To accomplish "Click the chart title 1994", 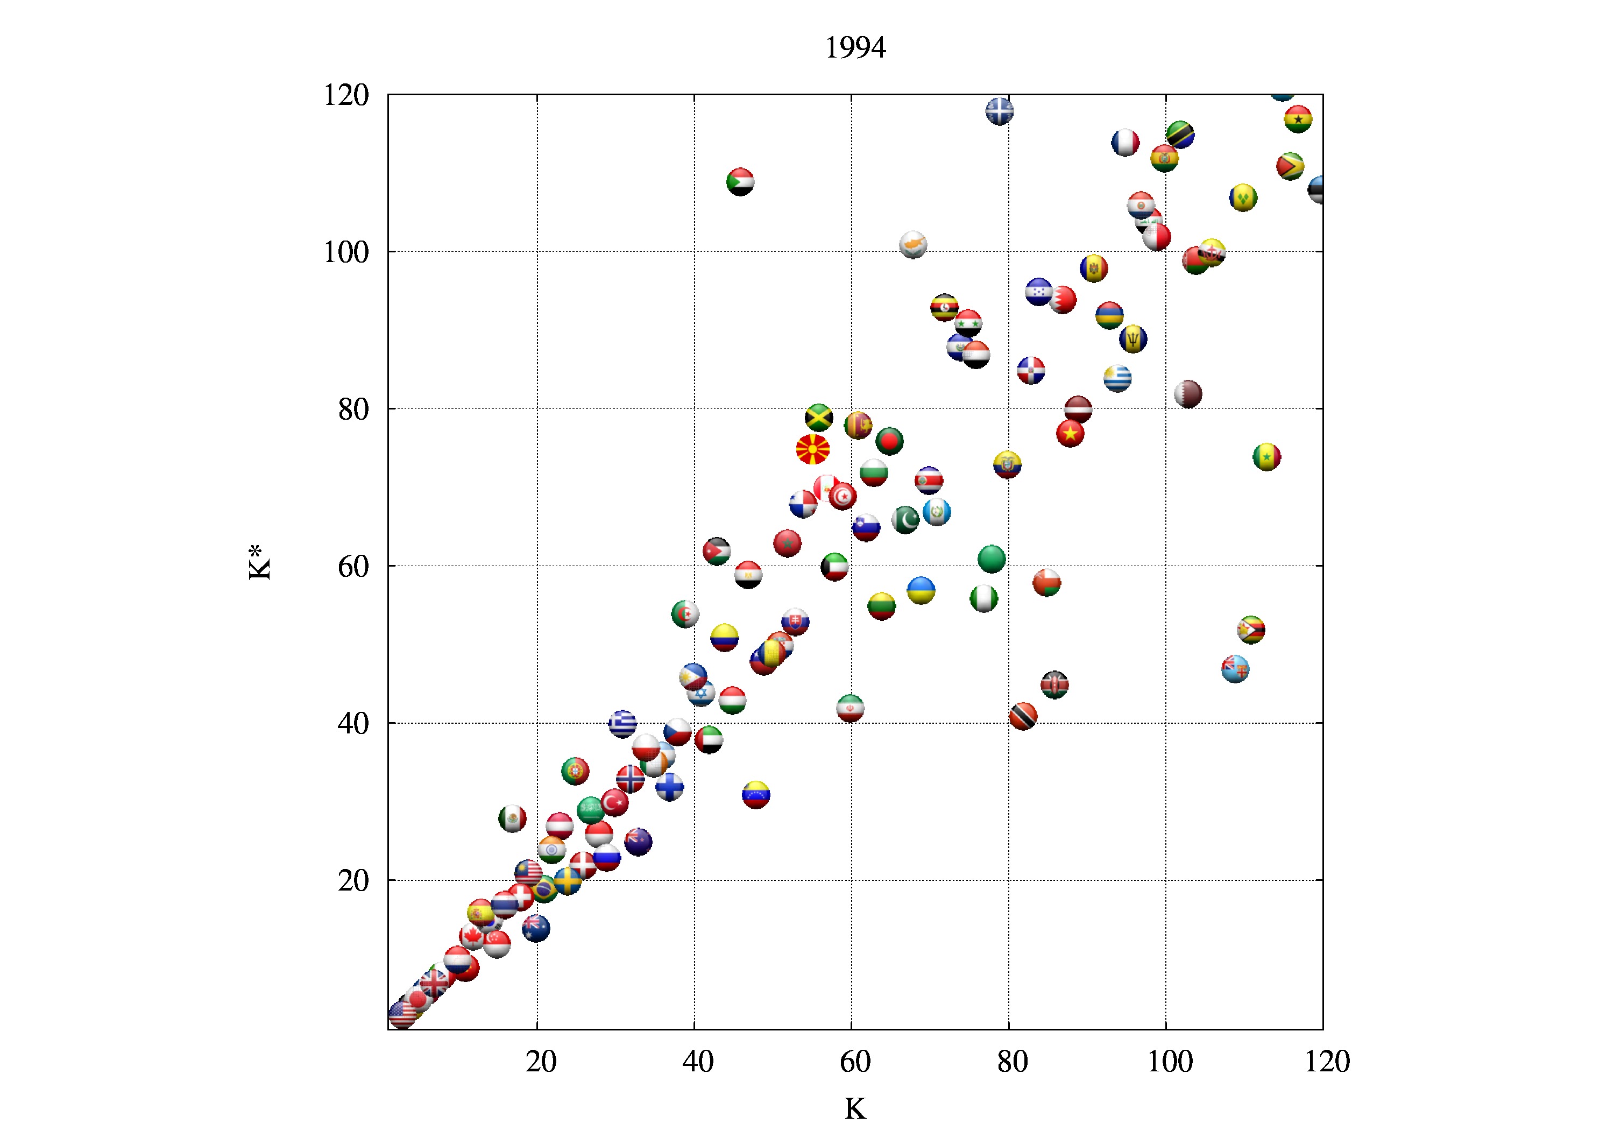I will [x=855, y=48].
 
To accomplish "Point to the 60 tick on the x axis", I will [x=855, y=1061].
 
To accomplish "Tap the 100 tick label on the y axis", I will [x=346, y=252].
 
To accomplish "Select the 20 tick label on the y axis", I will [x=353, y=880].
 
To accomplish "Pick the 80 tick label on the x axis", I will [x=1013, y=1061].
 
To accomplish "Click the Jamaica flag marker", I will [x=819, y=418].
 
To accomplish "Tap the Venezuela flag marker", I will [x=756, y=795].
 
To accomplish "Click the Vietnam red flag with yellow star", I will [x=1070, y=433].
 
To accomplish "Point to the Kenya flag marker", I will [x=1054, y=684].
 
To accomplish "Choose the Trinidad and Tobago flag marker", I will [x=1023, y=716].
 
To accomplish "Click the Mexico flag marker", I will [x=513, y=818].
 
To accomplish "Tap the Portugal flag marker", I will [x=575, y=771].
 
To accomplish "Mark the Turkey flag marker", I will [x=614, y=802].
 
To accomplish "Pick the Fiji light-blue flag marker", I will [x=1235, y=669].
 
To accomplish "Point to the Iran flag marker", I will [x=850, y=708].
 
